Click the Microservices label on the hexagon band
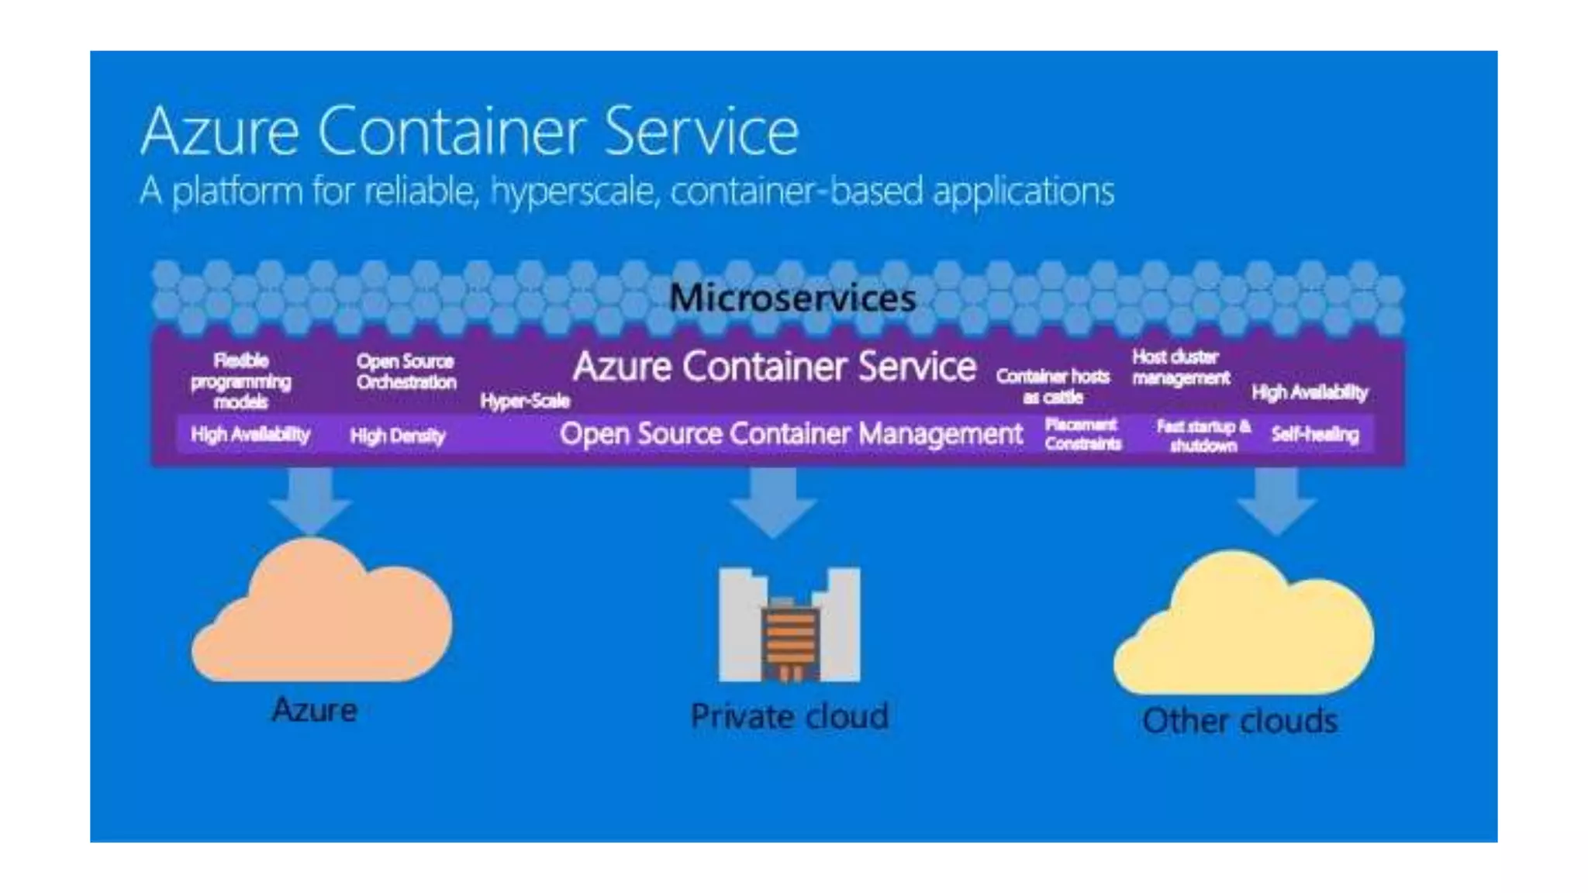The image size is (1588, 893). pos(792,298)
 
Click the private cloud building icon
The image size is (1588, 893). pos(789,626)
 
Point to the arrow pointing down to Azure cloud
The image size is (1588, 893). pos(310,500)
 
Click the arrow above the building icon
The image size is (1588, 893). pos(773,502)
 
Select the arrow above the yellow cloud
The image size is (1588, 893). pos(1276,500)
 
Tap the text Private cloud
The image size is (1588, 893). pos(789,716)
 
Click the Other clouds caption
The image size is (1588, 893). pos(1240,721)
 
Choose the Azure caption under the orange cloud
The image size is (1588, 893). pos(315,710)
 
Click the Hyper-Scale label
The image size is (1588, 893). pos(525,401)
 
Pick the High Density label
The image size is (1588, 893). pos(398,436)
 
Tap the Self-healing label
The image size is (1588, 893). pos(1315,434)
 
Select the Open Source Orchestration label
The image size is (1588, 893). pos(406,371)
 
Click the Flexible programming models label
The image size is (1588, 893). pos(241,381)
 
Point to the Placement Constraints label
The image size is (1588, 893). pos(1082,434)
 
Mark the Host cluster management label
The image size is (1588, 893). pos(1180,367)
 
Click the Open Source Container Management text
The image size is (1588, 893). pos(791,434)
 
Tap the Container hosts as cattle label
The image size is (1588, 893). pos(1053,386)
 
